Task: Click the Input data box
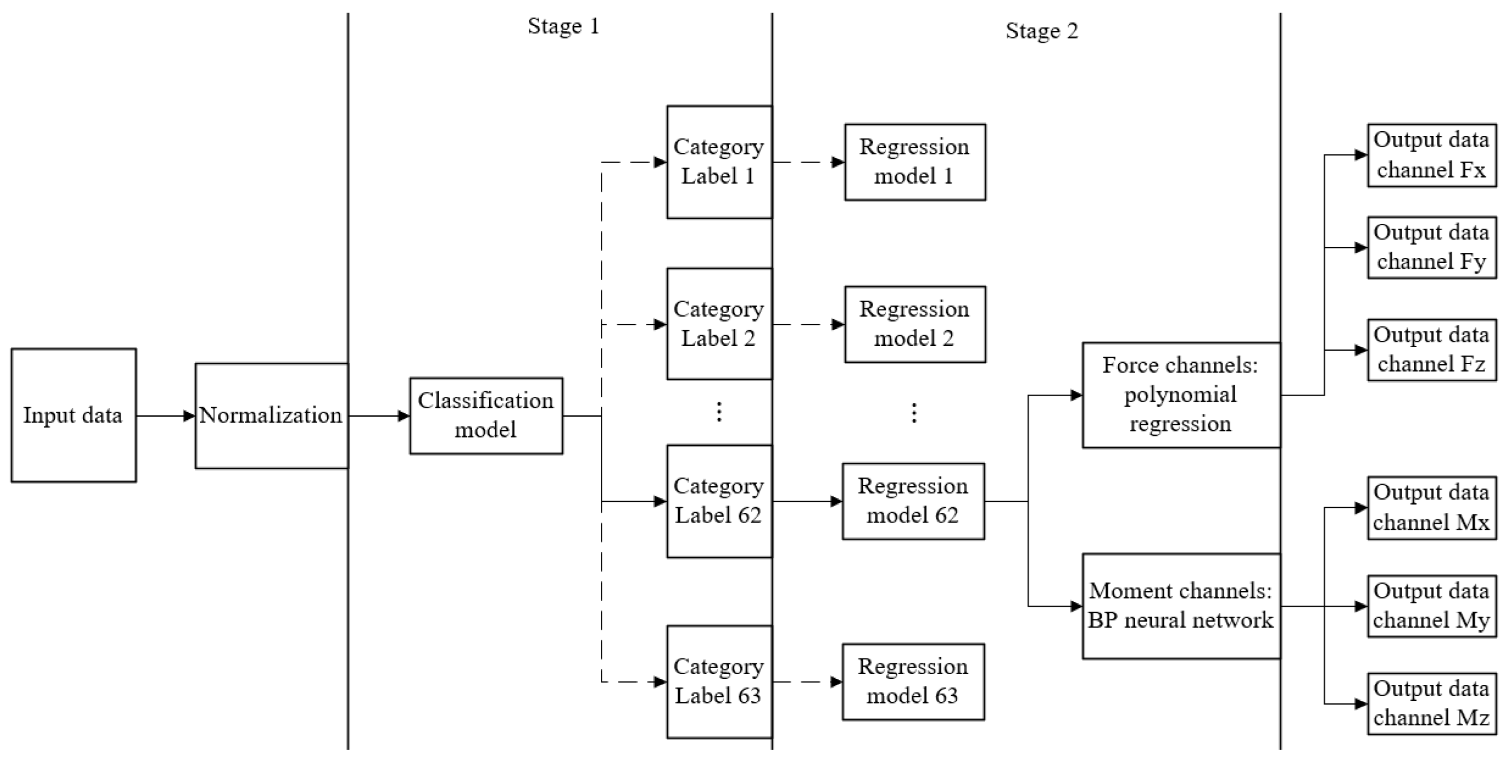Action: (74, 415)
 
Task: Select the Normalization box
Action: (271, 415)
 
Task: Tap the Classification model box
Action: (486, 415)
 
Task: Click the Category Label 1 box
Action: (719, 162)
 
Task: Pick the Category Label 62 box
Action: (719, 501)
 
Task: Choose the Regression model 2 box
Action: (915, 324)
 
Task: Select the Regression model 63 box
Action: (913, 682)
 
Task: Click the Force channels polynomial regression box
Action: (1181, 395)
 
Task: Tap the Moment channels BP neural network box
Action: (1181, 606)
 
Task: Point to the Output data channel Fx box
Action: (1431, 155)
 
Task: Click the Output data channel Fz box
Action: (1431, 350)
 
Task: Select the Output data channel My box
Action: (1431, 606)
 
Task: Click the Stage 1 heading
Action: (563, 26)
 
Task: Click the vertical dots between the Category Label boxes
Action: (719, 412)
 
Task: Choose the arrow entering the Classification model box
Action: (379, 416)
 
